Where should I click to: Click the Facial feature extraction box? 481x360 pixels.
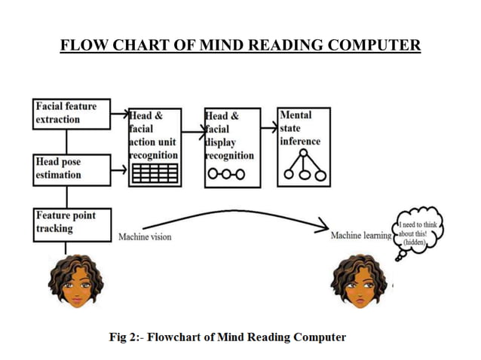pos(71,114)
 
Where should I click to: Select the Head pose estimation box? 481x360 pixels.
pos(71,169)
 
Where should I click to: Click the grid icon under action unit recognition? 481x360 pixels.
pos(155,174)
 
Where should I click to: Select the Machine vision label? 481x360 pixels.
pos(145,237)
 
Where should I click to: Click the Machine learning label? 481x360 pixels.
pos(361,236)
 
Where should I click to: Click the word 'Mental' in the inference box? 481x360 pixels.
pos(296,114)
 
